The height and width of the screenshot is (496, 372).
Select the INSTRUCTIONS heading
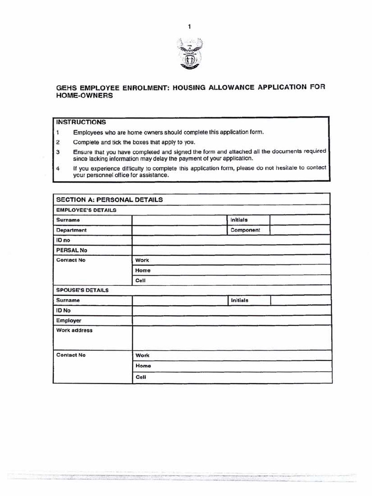[x=81, y=122]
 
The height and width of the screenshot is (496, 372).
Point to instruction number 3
[x=58, y=152]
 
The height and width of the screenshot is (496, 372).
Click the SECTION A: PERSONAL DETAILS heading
[x=109, y=200]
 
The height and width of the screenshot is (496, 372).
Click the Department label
[x=71, y=231]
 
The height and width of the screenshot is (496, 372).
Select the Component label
[x=245, y=230]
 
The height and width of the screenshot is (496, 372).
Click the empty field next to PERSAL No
[x=231, y=250]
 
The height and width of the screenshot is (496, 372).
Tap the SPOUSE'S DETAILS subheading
[x=82, y=291]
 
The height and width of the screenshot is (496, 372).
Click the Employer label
[x=69, y=321]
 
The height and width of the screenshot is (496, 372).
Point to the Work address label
[x=74, y=330]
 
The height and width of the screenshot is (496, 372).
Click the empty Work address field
[x=231, y=338]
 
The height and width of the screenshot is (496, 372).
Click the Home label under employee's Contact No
[x=143, y=271]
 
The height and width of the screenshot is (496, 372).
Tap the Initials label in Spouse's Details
[x=239, y=300]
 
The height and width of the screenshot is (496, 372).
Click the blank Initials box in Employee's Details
[x=300, y=220]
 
